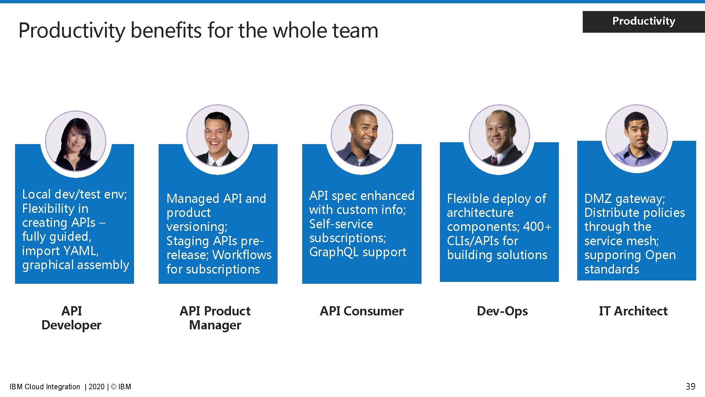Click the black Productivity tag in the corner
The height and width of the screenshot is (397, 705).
pos(643,21)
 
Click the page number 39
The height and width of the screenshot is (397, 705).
pos(690,386)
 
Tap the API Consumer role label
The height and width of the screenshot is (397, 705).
pos(361,311)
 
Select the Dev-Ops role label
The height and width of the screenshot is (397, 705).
pos(502,311)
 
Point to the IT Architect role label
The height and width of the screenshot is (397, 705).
pos(633,311)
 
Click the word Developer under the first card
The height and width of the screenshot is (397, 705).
pos(71,325)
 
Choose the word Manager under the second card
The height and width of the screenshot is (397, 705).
pos(215,325)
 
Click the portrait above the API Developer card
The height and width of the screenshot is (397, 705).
pos(76,141)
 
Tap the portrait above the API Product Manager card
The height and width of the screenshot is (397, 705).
pos(218,136)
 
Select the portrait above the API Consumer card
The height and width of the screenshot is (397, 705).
pos(362,136)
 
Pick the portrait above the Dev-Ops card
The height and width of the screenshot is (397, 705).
pos(499,136)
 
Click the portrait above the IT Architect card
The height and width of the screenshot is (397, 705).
pos(636,136)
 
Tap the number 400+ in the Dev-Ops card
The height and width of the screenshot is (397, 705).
pos(537,226)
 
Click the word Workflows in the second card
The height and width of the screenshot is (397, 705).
pos(242,255)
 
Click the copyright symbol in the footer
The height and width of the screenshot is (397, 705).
pos(113,387)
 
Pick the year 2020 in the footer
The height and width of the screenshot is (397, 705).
pos(97,387)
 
